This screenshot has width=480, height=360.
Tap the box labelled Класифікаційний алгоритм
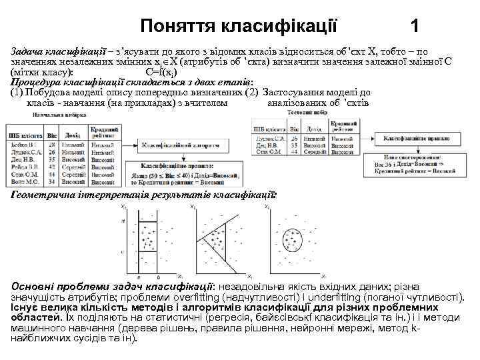pyautogui.click(x=179, y=143)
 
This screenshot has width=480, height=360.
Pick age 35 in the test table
pyautogui.click(x=292, y=145)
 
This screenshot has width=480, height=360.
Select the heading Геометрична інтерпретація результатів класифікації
pyautogui.click(x=143, y=195)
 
